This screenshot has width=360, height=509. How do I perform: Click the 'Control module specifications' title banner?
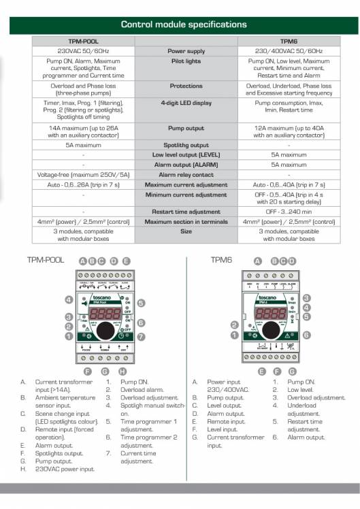(x=184, y=24)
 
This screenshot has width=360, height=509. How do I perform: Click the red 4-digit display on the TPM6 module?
(x=269, y=314)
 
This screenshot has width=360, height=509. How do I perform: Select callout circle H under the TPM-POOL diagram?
(x=122, y=372)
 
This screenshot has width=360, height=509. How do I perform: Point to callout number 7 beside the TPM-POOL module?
(x=141, y=337)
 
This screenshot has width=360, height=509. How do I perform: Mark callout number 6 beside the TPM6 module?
(x=307, y=335)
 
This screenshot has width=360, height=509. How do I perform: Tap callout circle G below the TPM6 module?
(x=293, y=372)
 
